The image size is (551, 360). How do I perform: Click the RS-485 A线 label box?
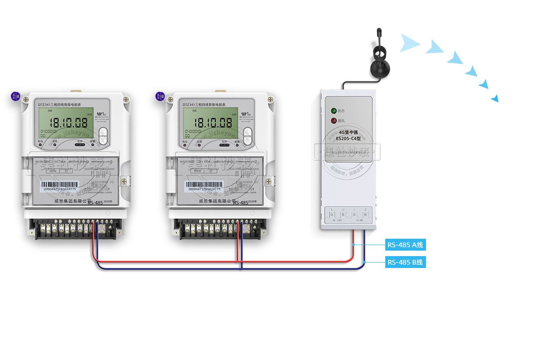pos(405,245)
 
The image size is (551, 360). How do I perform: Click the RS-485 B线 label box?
pos(405,262)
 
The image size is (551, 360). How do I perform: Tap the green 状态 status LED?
pos(334,111)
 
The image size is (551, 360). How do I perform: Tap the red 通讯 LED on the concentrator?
pos(334,121)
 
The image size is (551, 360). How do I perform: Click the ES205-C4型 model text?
pos(348,138)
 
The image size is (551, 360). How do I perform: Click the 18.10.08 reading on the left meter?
pos(68,123)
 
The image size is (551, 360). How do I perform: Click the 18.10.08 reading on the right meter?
pos(213,123)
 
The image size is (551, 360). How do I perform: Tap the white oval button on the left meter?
pos(103,137)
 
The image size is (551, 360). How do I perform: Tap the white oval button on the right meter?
pos(248,137)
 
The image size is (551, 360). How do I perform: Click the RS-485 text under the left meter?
pos(95,203)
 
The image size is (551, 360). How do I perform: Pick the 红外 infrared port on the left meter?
pos(80,145)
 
